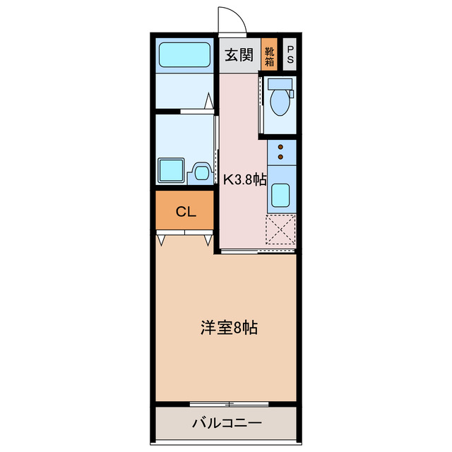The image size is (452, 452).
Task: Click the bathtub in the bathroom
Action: [x=184, y=54]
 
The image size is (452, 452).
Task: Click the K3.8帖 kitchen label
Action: [x=244, y=179]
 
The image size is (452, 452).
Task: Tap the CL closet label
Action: [x=185, y=211]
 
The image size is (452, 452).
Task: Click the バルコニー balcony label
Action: [x=227, y=424]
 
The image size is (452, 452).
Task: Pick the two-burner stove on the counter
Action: [x=281, y=152]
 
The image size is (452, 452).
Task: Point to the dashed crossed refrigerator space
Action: [x=280, y=228]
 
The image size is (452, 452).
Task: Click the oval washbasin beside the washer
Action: [x=201, y=171]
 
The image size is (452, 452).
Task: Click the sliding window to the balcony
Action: [x=230, y=404]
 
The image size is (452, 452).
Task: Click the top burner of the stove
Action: [x=281, y=147]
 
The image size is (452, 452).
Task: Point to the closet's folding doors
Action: [x=185, y=239]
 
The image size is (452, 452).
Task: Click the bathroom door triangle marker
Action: [x=210, y=100]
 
